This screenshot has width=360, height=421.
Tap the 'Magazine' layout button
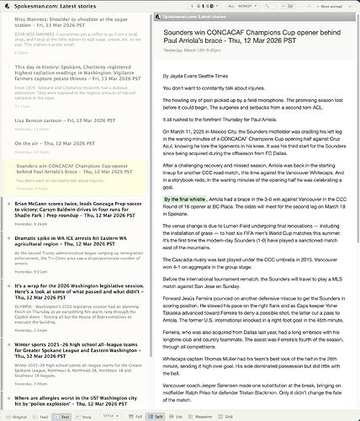coord(199,416)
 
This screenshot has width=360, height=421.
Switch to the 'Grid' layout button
coord(227,416)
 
